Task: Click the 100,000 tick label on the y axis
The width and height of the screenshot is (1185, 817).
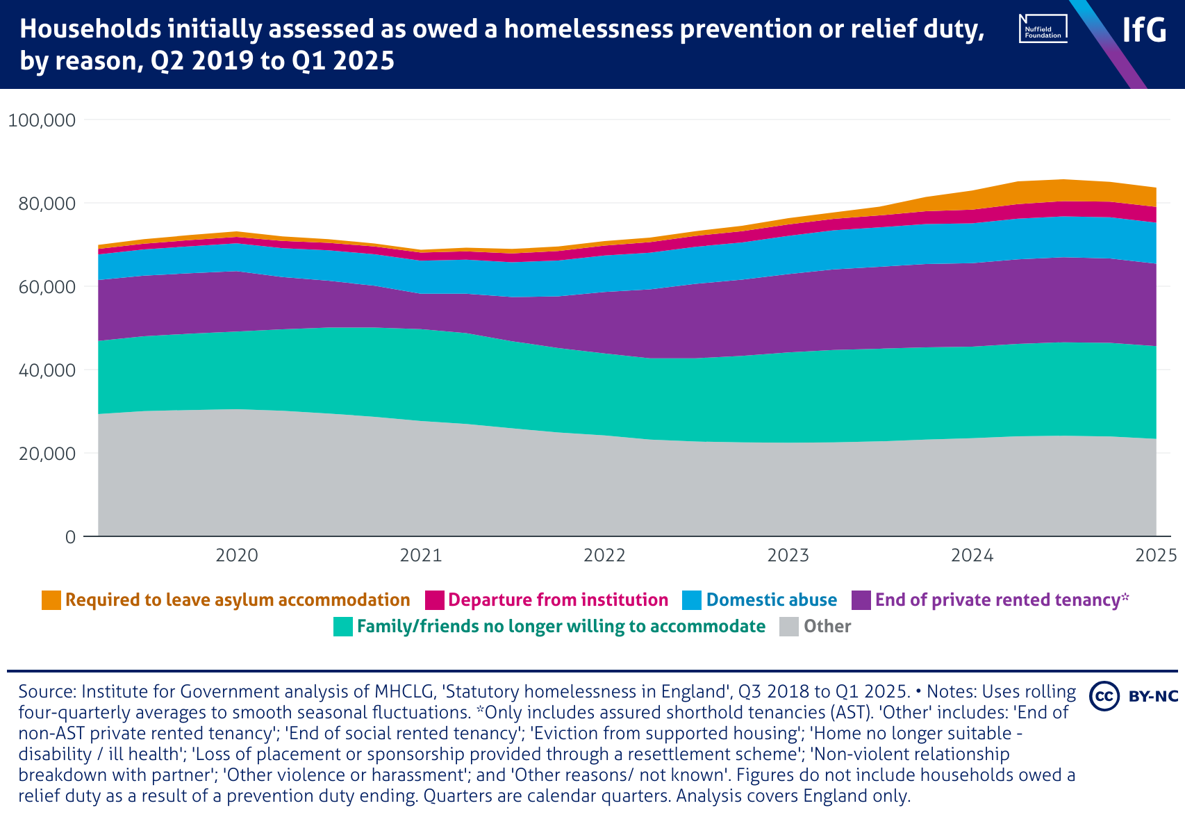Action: (x=41, y=120)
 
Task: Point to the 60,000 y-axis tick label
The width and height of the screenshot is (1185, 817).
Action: (x=41, y=287)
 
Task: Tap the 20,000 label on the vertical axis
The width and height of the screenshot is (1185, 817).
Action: (x=41, y=454)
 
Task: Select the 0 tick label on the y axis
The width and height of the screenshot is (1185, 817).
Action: (x=70, y=537)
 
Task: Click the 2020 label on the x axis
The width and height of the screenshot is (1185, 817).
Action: (x=237, y=555)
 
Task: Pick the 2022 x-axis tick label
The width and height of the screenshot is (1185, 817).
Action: (x=604, y=555)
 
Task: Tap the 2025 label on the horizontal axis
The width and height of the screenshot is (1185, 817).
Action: (x=1156, y=555)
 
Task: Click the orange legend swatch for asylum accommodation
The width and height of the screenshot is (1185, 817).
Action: (x=51, y=600)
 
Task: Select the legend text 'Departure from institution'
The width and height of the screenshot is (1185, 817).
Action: (x=558, y=600)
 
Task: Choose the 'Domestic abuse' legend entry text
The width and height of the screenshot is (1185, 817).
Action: (x=771, y=600)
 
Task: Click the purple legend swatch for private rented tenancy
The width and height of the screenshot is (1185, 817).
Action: (x=861, y=600)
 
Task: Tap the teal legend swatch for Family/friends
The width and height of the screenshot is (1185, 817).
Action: (x=343, y=627)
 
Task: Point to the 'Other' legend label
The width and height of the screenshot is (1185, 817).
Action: (x=827, y=627)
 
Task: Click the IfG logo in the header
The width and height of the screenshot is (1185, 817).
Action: (x=1144, y=30)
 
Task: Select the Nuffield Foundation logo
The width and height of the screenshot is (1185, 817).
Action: (x=1043, y=28)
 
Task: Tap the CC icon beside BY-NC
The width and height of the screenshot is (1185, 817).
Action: (x=1104, y=696)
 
